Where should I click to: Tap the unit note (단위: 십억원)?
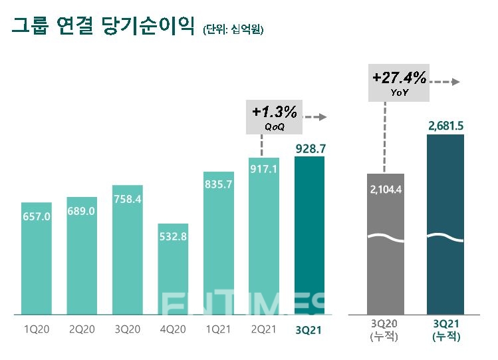(x=233, y=29)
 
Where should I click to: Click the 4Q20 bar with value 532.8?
(x=173, y=268)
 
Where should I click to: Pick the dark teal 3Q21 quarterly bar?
(x=309, y=235)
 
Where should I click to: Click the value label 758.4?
(x=128, y=198)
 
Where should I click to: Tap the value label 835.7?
(x=219, y=184)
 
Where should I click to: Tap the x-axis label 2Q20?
(x=82, y=329)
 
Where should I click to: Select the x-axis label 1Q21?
(x=219, y=329)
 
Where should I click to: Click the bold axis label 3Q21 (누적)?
(x=445, y=331)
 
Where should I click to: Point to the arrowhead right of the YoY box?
(x=457, y=82)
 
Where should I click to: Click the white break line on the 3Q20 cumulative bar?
(x=385, y=238)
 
